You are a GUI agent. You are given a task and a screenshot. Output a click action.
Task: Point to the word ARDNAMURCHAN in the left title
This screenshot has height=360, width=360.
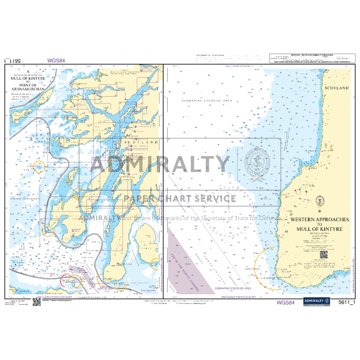[x=35, y=89]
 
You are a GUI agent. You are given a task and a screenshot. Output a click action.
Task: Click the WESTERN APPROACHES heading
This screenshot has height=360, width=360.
[x=319, y=220]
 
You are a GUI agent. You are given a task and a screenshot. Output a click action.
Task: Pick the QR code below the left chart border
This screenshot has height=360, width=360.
[x=36, y=302]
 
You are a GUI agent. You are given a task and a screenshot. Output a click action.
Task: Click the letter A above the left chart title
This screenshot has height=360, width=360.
[x=29, y=71]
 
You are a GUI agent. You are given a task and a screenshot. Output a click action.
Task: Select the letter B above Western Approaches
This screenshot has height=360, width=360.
[x=319, y=211]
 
